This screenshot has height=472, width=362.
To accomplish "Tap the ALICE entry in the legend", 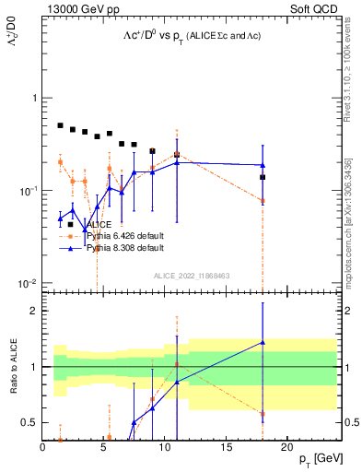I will coord(99,224).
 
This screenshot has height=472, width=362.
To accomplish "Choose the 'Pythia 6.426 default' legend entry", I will coord(124,236).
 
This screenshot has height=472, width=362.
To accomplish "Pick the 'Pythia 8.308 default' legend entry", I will coord(124,248).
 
